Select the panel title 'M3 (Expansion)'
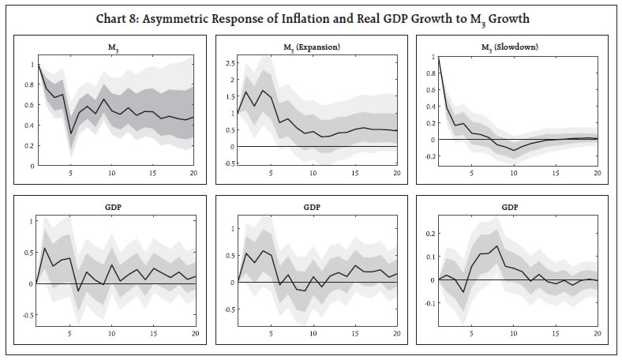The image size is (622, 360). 311,47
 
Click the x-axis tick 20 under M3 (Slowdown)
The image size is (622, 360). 597,172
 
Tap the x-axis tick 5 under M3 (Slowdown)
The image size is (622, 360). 471,172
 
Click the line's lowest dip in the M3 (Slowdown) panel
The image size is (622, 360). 513,150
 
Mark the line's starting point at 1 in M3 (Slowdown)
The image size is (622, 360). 438,58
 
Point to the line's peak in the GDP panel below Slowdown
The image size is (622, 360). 496,246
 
